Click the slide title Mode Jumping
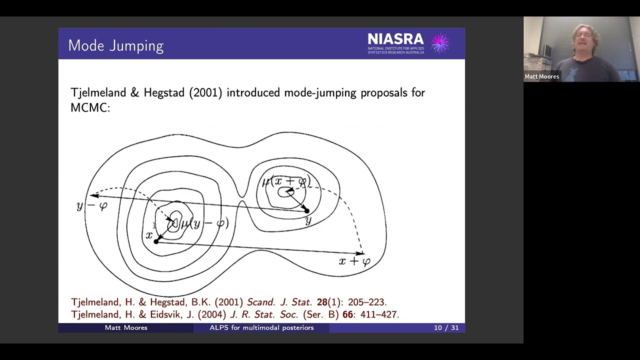tap(115, 45)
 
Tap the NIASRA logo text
tap(395, 39)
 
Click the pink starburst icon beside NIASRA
tap(440, 43)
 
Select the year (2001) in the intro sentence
tap(205, 92)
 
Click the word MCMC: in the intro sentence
tap(90, 107)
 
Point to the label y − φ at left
tap(92, 206)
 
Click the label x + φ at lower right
tap(354, 261)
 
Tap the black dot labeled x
tap(156, 241)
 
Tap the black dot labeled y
tap(306, 211)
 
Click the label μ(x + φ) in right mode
tap(286, 182)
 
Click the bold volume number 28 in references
tap(321, 302)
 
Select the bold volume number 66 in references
tap(347, 314)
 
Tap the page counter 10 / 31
tap(446, 327)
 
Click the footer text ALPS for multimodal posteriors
tap(261, 327)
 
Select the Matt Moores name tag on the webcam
tap(541, 76)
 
